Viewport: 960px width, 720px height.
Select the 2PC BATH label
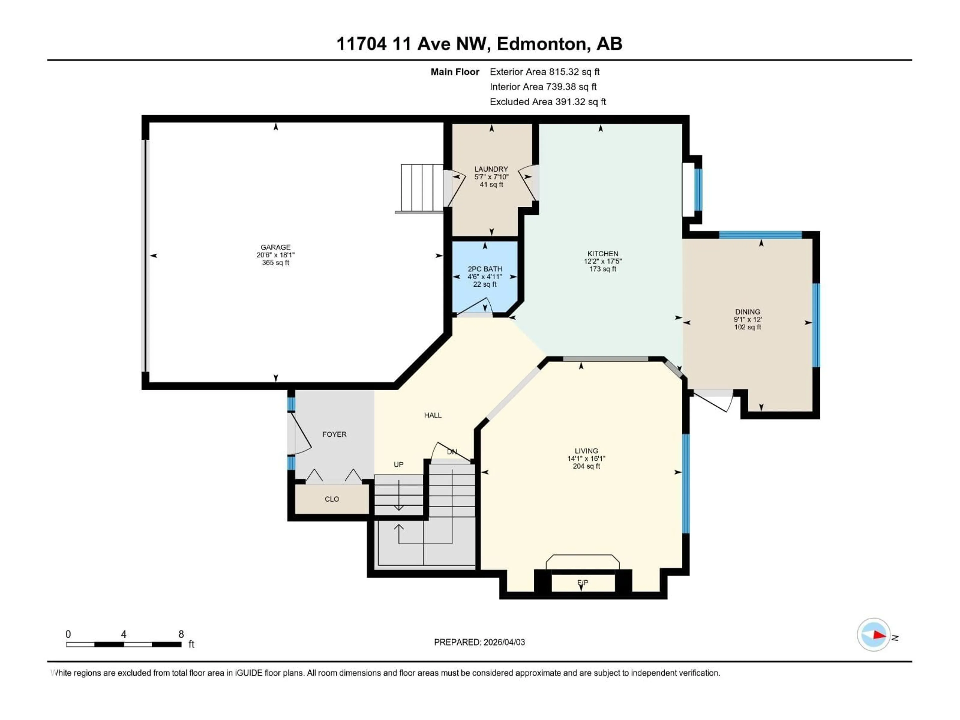485,269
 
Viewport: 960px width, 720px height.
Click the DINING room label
747,311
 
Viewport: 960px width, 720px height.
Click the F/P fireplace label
582,583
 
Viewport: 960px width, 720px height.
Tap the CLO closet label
332,499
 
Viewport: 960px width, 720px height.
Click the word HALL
433,415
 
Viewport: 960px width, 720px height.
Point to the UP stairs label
398,465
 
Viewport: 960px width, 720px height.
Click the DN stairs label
452,452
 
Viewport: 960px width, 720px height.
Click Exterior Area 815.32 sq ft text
545,72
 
